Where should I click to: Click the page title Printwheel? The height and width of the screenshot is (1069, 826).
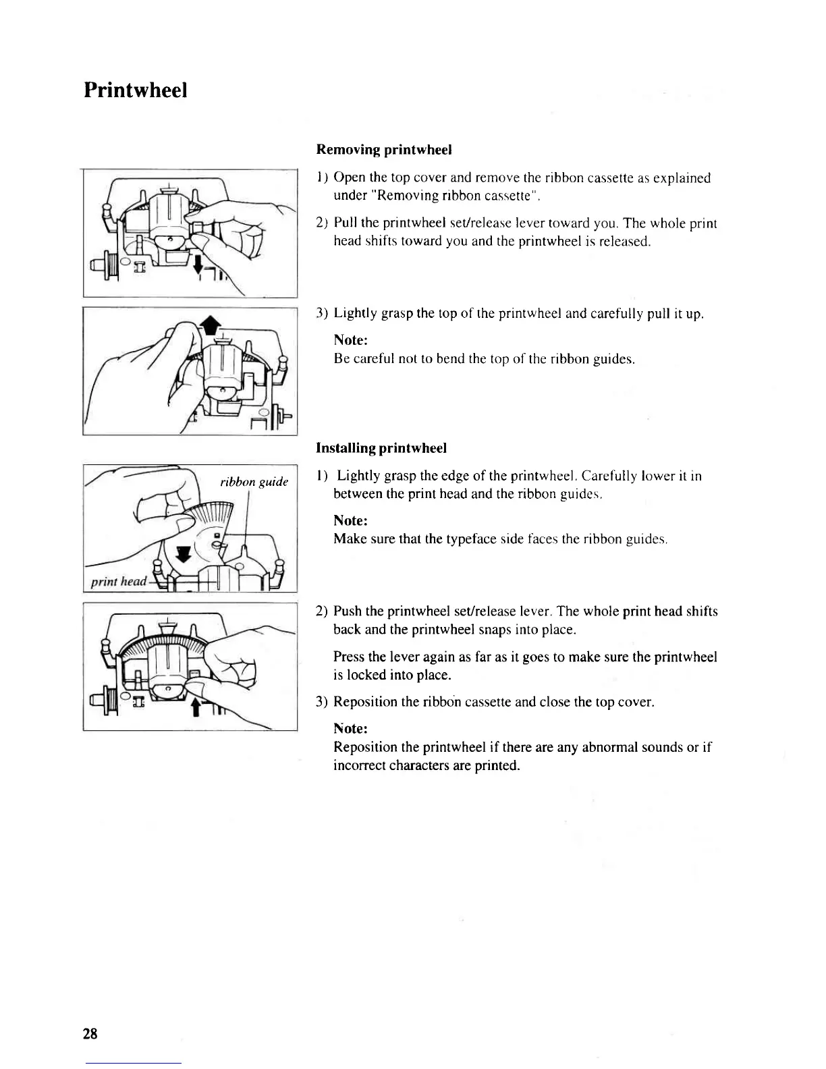(x=135, y=90)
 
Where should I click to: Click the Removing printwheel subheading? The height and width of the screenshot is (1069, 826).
(x=383, y=149)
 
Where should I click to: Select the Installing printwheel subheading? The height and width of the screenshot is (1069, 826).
(x=381, y=448)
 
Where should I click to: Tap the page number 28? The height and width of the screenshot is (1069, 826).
(x=90, y=1033)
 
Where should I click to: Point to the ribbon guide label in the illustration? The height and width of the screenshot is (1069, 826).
(x=254, y=482)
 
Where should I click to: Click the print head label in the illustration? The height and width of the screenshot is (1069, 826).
(x=119, y=581)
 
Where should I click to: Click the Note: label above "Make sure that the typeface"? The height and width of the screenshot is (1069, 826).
(x=350, y=521)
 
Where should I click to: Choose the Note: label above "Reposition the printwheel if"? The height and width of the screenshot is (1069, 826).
(x=350, y=729)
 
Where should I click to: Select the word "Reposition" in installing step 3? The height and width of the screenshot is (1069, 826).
(x=365, y=702)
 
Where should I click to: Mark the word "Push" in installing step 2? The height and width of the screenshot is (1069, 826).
(x=348, y=612)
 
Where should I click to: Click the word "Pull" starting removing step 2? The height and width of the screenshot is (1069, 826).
(x=346, y=223)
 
